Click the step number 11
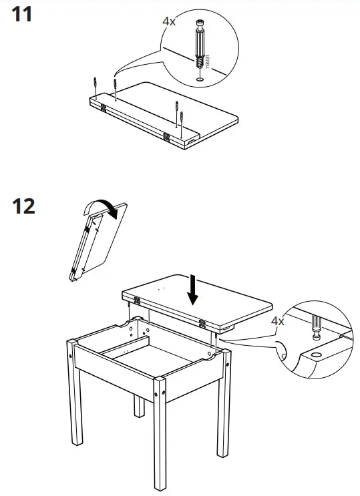coord(23,14)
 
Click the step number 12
coord(24,206)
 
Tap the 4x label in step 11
coord(169,21)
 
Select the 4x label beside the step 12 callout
coord(278,321)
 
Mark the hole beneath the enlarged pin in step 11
coord(199,80)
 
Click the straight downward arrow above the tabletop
coord(193,290)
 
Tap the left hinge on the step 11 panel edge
coord(104,105)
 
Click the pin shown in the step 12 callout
coord(315,329)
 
